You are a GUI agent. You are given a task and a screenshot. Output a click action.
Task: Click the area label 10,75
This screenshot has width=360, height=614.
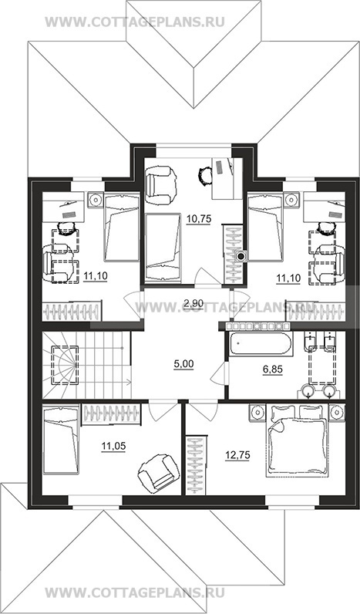pos(199,219)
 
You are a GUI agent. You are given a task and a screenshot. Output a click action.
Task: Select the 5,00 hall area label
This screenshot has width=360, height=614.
pos(184,364)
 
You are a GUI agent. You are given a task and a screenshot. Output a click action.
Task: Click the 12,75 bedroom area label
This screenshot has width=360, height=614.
pos(237,455)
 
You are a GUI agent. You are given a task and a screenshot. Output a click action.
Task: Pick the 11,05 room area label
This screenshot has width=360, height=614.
pos(113,445)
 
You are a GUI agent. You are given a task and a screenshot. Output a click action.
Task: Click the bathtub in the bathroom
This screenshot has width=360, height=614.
pos(261,344)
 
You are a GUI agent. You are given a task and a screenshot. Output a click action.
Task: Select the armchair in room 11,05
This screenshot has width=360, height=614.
pos(156,473)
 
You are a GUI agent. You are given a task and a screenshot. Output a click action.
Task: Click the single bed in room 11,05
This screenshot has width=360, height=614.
pos(61,440)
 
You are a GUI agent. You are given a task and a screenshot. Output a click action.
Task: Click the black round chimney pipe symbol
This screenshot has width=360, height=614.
pos(241,257)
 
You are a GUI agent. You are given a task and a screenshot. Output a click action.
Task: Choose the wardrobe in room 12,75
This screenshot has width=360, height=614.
pos(195,465)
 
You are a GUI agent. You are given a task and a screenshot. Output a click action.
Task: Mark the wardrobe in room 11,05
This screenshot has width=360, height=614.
pos(111,414)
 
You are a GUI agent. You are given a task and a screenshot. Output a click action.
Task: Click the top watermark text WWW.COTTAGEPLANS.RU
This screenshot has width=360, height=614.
pos(135,22)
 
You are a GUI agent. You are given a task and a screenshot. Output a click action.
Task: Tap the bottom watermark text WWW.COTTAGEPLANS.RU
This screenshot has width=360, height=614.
pos(135,592)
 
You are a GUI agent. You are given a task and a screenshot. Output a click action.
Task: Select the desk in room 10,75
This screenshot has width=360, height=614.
pos(227,178)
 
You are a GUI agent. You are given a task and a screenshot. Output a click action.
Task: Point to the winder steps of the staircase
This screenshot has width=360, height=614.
pos(62,365)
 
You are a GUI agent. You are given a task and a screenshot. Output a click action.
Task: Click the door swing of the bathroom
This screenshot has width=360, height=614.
pos(217,373)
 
